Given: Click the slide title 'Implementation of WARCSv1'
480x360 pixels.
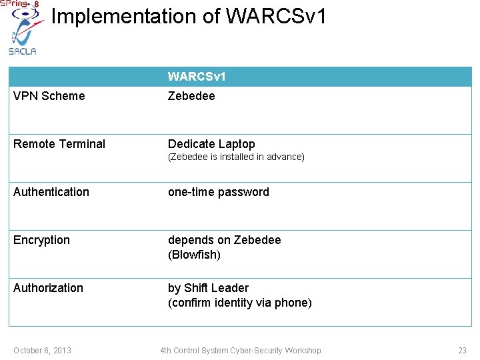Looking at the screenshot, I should [189, 17].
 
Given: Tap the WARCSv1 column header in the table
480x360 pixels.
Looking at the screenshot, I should [197, 77].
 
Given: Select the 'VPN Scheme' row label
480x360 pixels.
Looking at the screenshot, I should [49, 96].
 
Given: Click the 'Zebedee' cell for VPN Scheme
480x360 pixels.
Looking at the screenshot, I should [191, 96].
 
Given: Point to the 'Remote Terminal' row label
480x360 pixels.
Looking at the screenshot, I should [59, 144].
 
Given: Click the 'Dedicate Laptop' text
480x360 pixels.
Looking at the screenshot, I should [211, 144].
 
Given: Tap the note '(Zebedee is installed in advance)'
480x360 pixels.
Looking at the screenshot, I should [236, 157].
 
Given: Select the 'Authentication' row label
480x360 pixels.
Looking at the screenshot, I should [51, 192].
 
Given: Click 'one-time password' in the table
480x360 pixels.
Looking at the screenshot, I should [219, 192].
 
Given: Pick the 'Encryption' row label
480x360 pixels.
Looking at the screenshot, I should [41, 240].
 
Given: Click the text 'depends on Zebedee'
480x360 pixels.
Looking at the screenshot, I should [225, 240].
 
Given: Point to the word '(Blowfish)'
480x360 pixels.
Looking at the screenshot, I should [194, 255].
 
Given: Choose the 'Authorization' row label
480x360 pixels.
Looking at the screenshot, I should [48, 288].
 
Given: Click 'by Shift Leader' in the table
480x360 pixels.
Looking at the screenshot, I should [208, 288].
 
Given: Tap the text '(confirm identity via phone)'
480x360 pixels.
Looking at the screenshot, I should [239, 303].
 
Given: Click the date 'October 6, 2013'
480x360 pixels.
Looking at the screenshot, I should [43, 351].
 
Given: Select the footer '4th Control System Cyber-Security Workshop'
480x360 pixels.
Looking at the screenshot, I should [240, 351].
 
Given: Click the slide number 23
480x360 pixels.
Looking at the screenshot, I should [462, 351].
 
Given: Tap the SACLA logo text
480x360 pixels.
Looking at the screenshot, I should [22, 51].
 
